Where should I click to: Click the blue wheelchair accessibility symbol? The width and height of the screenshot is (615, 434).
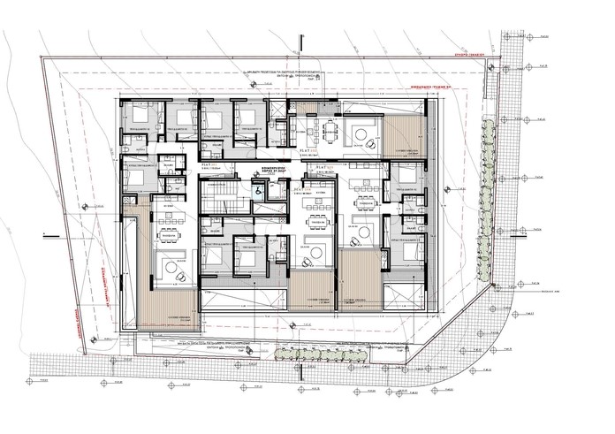(x=259, y=187)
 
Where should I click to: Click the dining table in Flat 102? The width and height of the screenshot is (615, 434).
(x=327, y=132)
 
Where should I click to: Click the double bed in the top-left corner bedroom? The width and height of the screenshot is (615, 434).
(x=141, y=116)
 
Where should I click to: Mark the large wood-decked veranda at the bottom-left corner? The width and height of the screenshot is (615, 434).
(x=168, y=305)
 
